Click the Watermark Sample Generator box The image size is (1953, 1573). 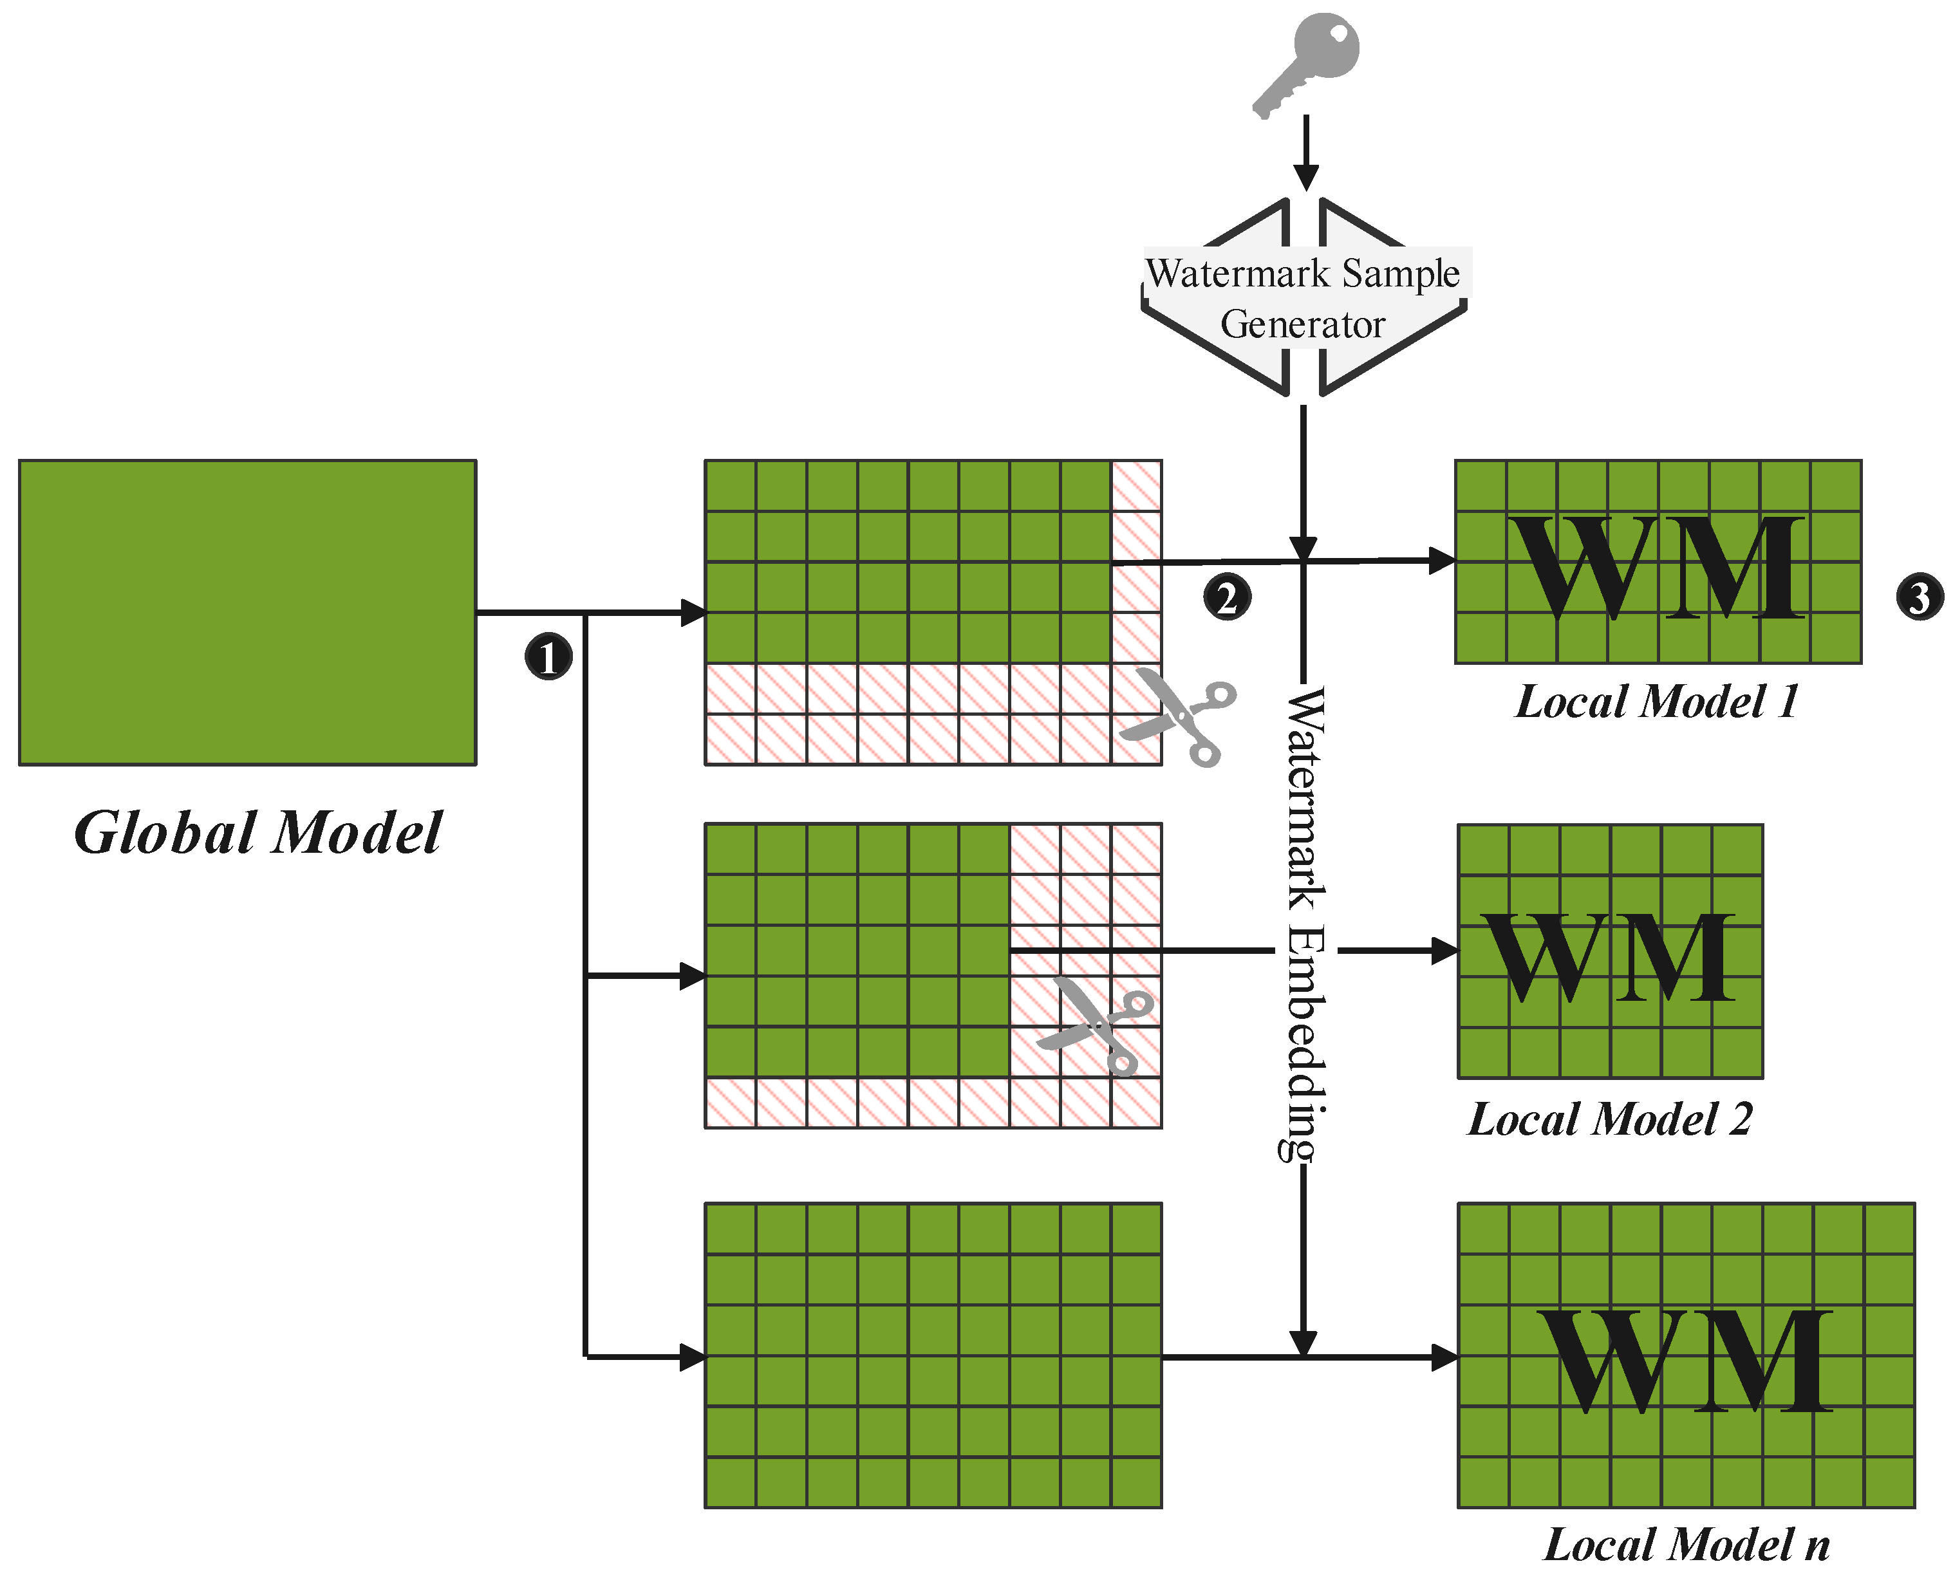(1304, 298)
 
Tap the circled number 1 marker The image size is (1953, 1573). (548, 657)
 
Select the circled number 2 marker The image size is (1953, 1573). (1226, 598)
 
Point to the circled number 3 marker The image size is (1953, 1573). (1920, 598)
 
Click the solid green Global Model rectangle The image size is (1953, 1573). (247, 613)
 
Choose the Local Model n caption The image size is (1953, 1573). (1686, 1545)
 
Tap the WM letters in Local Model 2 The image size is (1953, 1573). (1608, 958)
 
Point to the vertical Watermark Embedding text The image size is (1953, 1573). (1305, 924)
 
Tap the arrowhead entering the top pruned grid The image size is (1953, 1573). (694, 613)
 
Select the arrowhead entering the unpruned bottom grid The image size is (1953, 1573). (694, 1357)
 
